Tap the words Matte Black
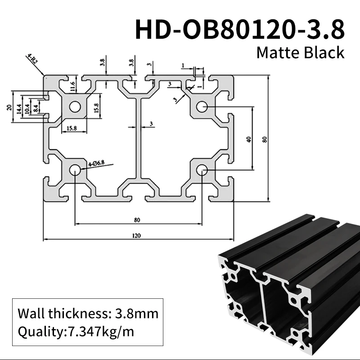[x=300, y=53]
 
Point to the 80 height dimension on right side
[x=265, y=139]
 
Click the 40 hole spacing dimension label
[x=248, y=139]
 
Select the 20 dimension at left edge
[x=9, y=107]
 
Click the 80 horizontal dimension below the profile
[x=137, y=220]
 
